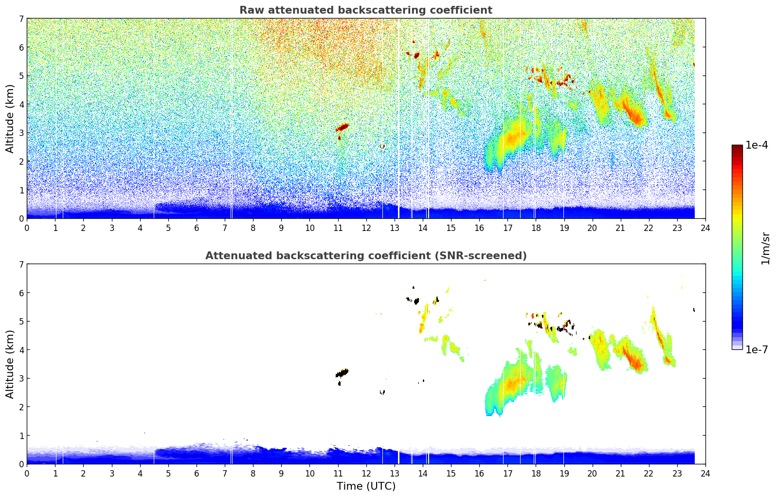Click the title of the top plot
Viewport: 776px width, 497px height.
(x=366, y=10)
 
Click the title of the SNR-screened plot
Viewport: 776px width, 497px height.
(x=366, y=256)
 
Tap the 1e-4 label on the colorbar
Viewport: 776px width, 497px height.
(x=757, y=145)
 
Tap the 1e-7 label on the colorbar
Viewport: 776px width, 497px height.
(x=757, y=349)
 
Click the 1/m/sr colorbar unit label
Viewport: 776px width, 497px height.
(x=765, y=248)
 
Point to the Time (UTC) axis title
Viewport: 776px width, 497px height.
(x=366, y=486)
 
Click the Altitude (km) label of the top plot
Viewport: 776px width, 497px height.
(x=10, y=118)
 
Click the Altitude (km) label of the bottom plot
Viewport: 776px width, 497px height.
(x=10, y=364)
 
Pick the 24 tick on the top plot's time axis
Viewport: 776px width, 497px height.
(x=705, y=228)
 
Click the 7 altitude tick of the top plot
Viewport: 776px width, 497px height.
(x=21, y=19)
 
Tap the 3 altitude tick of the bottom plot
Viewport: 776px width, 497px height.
(x=21, y=379)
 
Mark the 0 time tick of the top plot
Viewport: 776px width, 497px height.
(x=27, y=228)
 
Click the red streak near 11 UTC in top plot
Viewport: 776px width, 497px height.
(x=343, y=127)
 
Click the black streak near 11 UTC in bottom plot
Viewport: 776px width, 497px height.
(x=343, y=373)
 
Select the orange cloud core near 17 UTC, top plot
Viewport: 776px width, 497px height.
(x=515, y=136)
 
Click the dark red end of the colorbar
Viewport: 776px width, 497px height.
(x=737, y=147)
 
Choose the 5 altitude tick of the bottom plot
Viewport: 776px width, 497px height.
(x=21, y=322)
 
